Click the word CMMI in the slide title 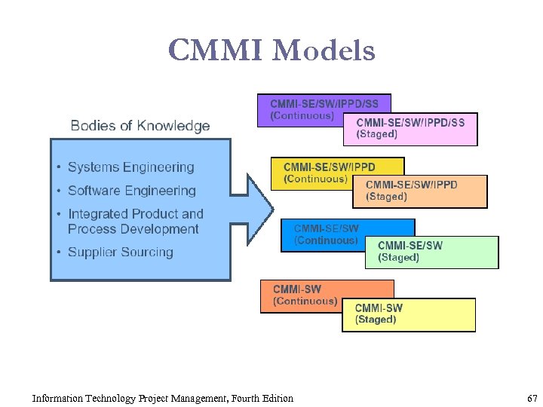(216, 50)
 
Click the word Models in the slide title (324, 50)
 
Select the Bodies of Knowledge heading (140, 126)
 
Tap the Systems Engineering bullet (130, 167)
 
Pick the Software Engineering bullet (131, 191)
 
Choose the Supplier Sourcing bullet (120, 252)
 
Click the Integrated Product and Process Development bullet (135, 222)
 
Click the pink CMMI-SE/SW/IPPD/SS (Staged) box (410, 129)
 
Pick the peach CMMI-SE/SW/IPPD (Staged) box (420, 191)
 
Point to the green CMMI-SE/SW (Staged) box (432, 252)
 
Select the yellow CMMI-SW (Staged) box (409, 314)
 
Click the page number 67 (532, 398)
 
